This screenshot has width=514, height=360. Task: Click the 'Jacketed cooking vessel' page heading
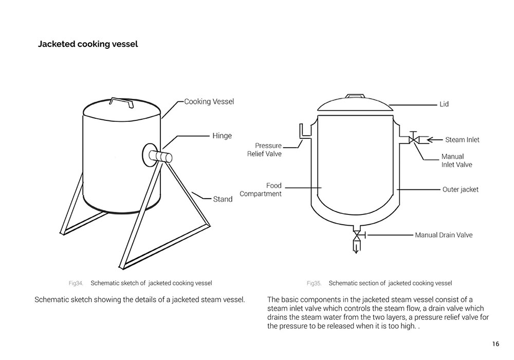point(88,44)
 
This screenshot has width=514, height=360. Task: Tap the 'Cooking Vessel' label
point(209,101)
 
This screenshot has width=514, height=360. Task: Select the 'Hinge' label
point(222,136)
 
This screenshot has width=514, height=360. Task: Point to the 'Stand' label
point(223,199)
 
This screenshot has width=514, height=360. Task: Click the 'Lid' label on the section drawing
point(444,104)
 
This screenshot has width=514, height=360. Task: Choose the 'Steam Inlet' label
point(462,139)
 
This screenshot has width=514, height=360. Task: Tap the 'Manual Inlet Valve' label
point(456,160)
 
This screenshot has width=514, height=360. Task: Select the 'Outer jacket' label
point(460,189)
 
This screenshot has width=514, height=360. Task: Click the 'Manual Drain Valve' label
point(444,235)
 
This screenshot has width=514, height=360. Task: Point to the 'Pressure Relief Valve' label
point(265,150)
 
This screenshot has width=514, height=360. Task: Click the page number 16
point(495,344)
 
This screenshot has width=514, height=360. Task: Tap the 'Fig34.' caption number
point(76,283)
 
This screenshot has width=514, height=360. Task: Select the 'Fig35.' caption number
point(314,283)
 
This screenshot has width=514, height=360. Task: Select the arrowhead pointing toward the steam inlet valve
point(431,139)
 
